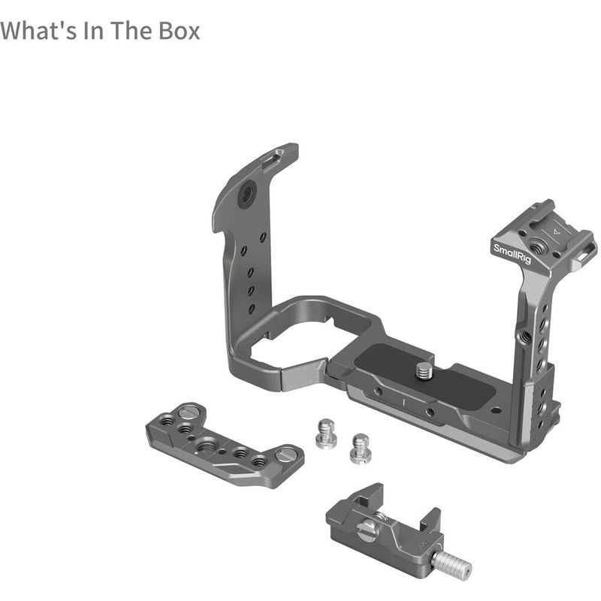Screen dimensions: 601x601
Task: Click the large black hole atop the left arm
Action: (245, 198)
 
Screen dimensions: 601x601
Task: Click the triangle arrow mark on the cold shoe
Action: (556, 232)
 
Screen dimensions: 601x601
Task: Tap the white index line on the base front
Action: (403, 403)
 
